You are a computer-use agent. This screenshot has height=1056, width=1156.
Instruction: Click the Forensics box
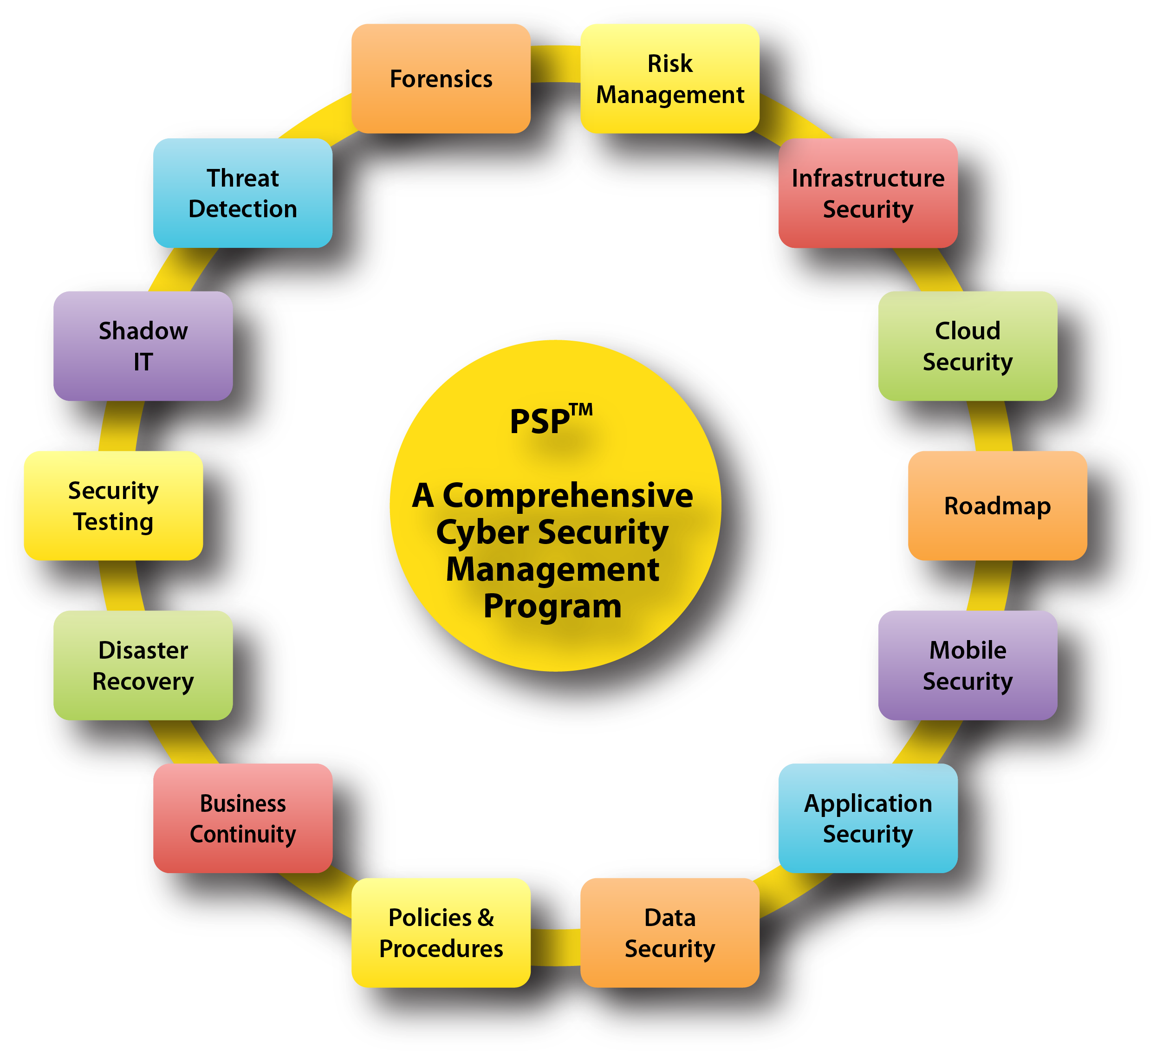point(441,78)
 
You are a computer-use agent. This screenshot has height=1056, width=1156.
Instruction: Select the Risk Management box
point(670,78)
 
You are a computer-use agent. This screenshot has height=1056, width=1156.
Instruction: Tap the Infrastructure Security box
point(868,193)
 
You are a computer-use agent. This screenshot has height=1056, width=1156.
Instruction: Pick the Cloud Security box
point(968,346)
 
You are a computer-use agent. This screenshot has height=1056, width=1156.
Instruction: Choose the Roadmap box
point(997,505)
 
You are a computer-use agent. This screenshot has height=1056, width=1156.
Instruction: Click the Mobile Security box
point(968,665)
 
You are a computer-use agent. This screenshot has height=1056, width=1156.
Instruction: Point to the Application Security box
point(868,818)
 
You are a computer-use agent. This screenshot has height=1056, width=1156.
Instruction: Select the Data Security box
point(670,933)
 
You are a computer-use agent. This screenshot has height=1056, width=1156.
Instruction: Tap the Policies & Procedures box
point(441,933)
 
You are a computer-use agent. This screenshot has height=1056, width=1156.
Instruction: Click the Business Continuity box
point(242,818)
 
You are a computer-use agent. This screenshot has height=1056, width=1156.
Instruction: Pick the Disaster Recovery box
point(143,665)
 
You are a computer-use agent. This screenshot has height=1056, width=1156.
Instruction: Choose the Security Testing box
point(113,505)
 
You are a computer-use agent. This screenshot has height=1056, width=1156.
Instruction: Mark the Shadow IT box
point(143,346)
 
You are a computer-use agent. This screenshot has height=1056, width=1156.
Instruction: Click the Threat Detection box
point(242,193)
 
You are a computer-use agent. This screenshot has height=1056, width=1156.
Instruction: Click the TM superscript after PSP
point(581,410)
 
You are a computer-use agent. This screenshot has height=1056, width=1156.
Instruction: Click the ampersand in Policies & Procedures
point(485,918)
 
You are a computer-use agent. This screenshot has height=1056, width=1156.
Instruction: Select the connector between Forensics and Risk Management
point(555,64)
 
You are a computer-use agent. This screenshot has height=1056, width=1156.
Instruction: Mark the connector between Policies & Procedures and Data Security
point(555,947)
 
